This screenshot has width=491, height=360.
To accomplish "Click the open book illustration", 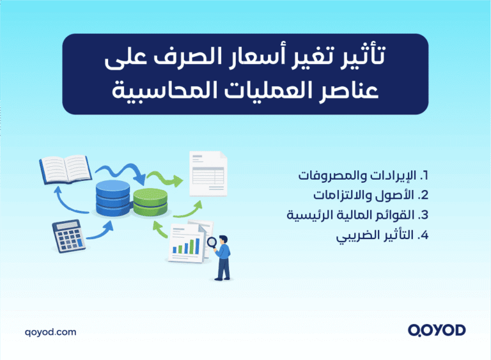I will point(65,168).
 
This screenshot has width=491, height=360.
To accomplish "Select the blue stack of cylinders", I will point(113,197).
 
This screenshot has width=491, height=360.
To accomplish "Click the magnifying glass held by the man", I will point(212,243).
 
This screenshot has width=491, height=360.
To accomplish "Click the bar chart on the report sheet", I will point(185,246).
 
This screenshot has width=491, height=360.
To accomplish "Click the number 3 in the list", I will point(423,214).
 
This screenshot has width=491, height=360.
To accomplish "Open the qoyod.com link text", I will point(50,332).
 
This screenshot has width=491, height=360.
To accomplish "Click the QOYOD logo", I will point(436,330).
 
